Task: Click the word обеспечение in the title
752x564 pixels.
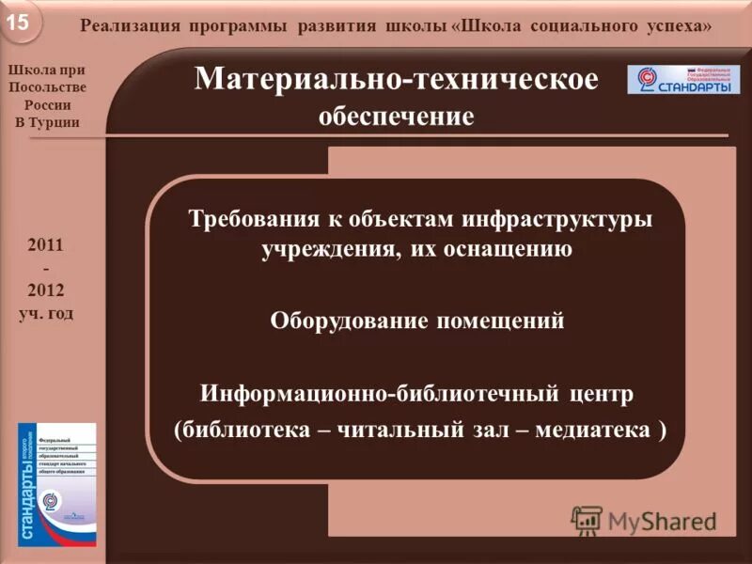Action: pos(395,117)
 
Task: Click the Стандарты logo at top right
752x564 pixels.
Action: pos(682,80)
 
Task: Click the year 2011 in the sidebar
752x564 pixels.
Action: pos(45,244)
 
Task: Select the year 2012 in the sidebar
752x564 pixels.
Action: pos(45,289)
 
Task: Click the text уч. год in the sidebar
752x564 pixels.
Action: pos(45,312)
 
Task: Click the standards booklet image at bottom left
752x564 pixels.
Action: pos(56,480)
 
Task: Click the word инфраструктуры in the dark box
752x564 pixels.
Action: pos(556,219)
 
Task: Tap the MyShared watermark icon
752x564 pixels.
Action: pos(587,520)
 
